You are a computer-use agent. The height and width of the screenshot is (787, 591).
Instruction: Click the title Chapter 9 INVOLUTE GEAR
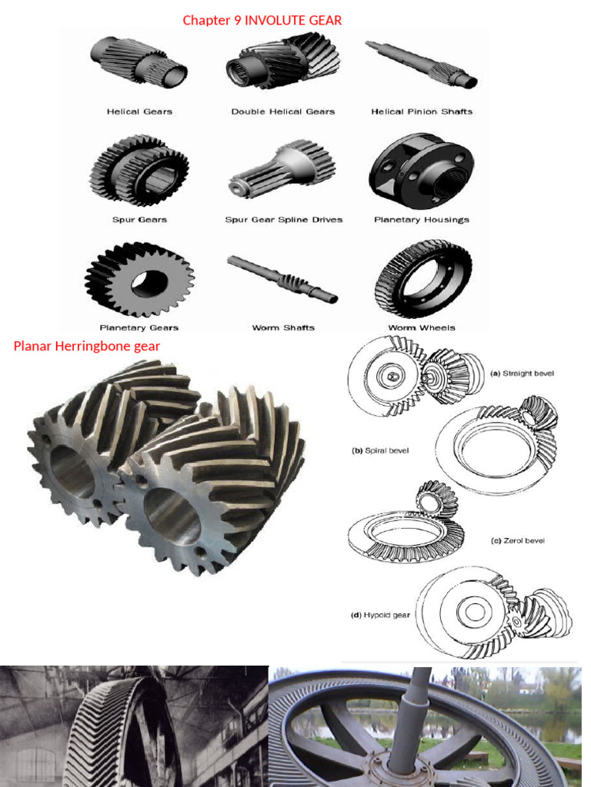coord(262,21)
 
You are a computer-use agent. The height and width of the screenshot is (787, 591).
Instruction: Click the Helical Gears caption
coord(139,111)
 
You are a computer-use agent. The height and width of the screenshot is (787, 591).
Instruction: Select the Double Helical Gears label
coord(283,111)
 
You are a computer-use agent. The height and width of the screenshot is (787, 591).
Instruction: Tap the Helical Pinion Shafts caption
coord(422,111)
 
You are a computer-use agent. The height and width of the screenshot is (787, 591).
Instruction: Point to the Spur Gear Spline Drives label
coord(283,220)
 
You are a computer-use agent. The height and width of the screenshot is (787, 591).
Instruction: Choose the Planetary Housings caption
coord(422,220)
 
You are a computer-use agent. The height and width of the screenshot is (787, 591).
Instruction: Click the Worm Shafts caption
coord(283,328)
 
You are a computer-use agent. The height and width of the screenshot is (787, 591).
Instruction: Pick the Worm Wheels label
coord(422,328)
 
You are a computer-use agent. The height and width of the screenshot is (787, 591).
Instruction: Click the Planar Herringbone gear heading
coord(87,346)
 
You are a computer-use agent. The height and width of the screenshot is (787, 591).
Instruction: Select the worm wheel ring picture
coord(423,278)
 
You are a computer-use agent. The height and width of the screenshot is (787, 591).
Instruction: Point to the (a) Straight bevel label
coord(523,374)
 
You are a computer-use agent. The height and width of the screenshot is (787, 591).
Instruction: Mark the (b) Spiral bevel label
coord(380,451)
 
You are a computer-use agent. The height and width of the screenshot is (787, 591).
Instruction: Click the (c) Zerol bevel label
coord(517,540)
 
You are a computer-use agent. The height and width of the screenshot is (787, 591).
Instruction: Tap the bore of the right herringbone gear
coord(172,516)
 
